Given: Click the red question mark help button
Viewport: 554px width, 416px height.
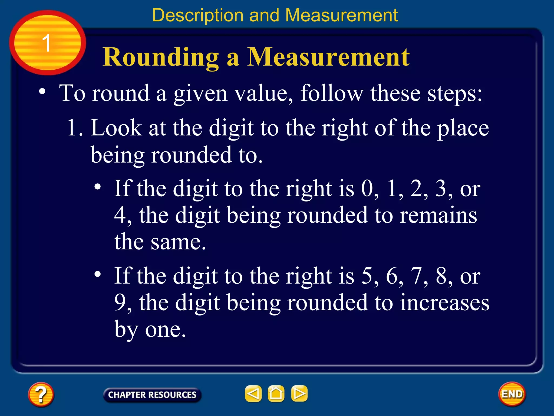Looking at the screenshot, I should click(x=41, y=394).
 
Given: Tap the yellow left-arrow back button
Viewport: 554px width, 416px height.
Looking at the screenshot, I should click(x=253, y=394).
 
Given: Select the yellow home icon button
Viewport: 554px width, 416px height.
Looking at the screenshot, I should click(x=276, y=394).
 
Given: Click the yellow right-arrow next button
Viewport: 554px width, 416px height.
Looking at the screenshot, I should click(x=299, y=394).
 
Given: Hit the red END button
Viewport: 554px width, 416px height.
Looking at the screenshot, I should click(x=512, y=394).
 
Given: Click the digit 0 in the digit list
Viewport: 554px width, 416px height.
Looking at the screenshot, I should click(x=367, y=188).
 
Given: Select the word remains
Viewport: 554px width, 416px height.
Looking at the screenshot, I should click(x=438, y=215).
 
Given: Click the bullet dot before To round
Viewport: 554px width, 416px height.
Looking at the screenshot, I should click(x=42, y=92).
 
